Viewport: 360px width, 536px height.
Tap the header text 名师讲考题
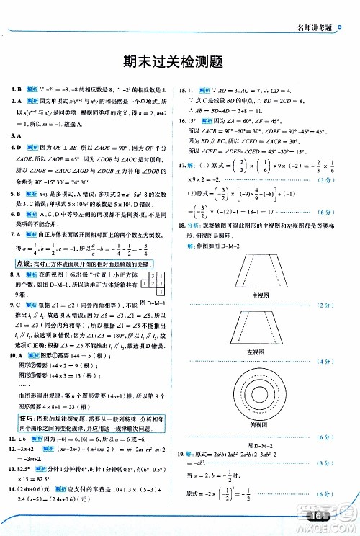click(x=318, y=9)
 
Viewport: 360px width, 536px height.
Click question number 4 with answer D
click(x=12, y=146)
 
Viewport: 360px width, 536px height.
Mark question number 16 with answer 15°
click(x=184, y=122)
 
